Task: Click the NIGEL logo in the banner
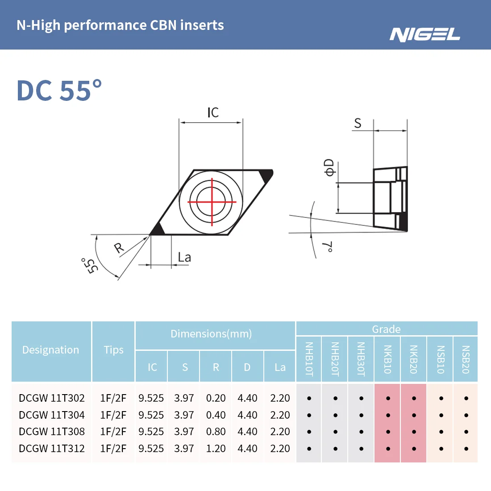pos(424,34)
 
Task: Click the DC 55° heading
pos(59,91)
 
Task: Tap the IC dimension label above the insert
pos(213,112)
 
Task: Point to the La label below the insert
pos(184,258)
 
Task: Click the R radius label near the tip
pos(119,248)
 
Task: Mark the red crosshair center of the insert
pos(212,202)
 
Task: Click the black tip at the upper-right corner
pos(266,175)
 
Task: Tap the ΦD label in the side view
pos(329,167)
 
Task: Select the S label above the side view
pos(358,123)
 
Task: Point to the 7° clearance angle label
pos(328,247)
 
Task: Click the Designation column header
pos(50,350)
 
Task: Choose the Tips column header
pos(113,350)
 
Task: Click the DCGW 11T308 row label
pos(52,432)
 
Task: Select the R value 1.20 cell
pos(216,449)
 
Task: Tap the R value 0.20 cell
pos(216,398)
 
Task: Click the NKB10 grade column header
pos(387,359)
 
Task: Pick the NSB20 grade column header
pos(466,359)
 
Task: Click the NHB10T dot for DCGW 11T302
pos(309,398)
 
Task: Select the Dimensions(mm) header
pos(211,334)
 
